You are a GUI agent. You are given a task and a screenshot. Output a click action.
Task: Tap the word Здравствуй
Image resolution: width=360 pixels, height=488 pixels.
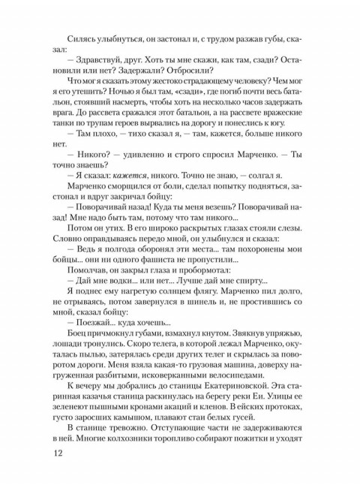coord(108,60)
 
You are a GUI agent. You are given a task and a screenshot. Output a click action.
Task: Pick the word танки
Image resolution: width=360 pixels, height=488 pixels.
coord(66,137)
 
